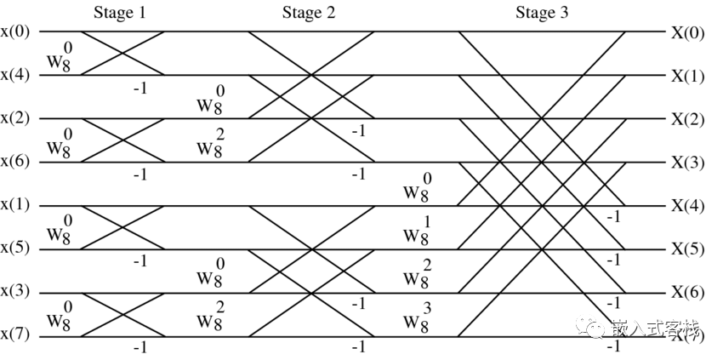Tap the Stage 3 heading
point(543,12)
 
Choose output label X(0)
point(687,32)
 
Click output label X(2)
point(687,119)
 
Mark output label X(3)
point(687,162)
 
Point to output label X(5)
point(687,249)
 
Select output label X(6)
point(687,292)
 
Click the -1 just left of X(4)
point(613,217)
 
